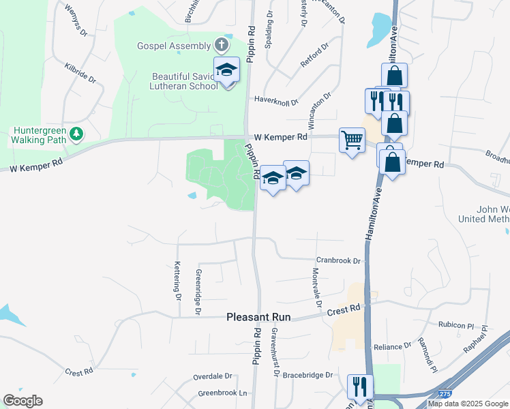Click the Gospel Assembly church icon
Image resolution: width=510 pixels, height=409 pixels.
coord(220,46)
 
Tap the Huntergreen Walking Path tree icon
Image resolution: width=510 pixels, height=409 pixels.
coord(78,133)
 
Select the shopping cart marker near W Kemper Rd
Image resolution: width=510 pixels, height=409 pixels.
coord(352,140)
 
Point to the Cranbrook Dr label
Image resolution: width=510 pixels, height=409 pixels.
coord(337,260)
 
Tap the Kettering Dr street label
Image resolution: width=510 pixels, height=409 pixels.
coord(177,281)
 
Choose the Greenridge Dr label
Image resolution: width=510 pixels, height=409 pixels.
coord(198,291)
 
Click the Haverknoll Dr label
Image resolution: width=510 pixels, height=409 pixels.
coord(276,100)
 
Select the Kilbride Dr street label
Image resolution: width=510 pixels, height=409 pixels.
coord(80,73)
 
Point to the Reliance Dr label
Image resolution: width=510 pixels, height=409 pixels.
coord(393,346)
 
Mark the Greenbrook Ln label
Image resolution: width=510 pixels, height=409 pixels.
coord(222,393)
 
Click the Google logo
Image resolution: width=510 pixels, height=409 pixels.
coord(22,401)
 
